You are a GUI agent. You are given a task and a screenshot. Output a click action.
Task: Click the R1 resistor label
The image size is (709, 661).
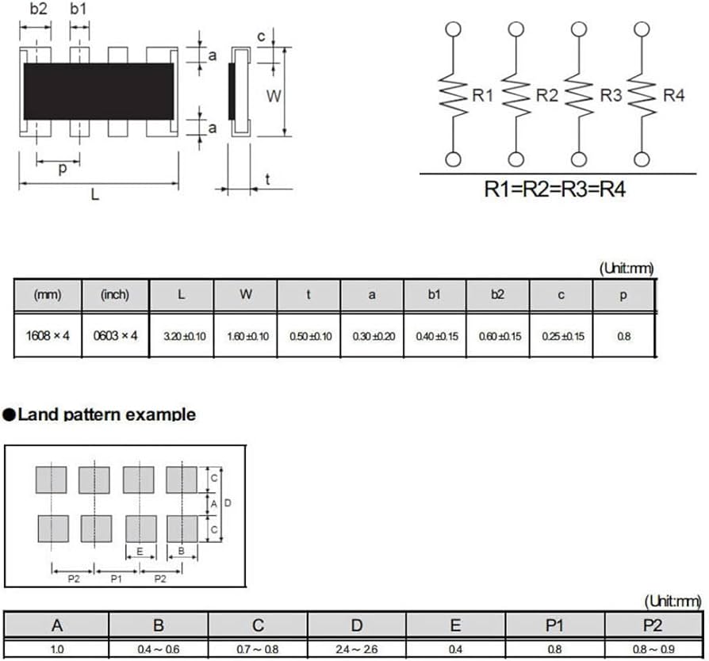482,95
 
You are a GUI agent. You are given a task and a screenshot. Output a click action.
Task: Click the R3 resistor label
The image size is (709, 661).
611,95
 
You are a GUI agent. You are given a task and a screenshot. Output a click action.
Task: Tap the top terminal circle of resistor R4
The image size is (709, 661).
642,29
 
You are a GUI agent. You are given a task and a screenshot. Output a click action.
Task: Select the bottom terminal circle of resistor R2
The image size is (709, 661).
516,159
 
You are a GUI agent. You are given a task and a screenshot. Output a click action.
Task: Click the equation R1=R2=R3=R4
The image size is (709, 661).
555,189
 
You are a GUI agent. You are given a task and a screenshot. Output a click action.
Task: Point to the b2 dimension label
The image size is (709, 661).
38,9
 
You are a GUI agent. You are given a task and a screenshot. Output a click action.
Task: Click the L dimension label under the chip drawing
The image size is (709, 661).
94,195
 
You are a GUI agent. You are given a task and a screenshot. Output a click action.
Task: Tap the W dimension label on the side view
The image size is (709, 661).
274,96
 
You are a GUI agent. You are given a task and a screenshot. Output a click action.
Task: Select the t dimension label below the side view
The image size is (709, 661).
268,179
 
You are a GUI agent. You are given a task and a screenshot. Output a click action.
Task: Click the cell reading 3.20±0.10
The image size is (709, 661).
185,337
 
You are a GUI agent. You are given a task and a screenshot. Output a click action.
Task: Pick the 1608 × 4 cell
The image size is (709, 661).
48,336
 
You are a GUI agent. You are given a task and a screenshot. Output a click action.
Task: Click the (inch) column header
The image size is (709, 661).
115,295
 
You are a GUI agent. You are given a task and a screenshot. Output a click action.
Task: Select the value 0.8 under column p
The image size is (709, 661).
624,337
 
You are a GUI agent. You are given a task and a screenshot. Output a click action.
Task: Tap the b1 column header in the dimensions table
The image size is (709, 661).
434,295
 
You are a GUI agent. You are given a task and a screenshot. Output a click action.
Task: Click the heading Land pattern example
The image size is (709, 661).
107,415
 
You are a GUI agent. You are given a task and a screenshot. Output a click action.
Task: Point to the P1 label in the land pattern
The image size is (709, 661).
117,579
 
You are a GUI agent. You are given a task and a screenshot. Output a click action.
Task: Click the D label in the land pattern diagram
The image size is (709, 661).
228,502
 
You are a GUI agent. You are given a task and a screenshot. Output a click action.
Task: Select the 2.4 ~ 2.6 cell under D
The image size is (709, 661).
357,650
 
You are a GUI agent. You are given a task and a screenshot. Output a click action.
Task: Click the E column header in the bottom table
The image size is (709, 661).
455,625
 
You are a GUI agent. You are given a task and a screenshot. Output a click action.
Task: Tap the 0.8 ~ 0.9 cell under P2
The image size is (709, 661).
653,650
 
